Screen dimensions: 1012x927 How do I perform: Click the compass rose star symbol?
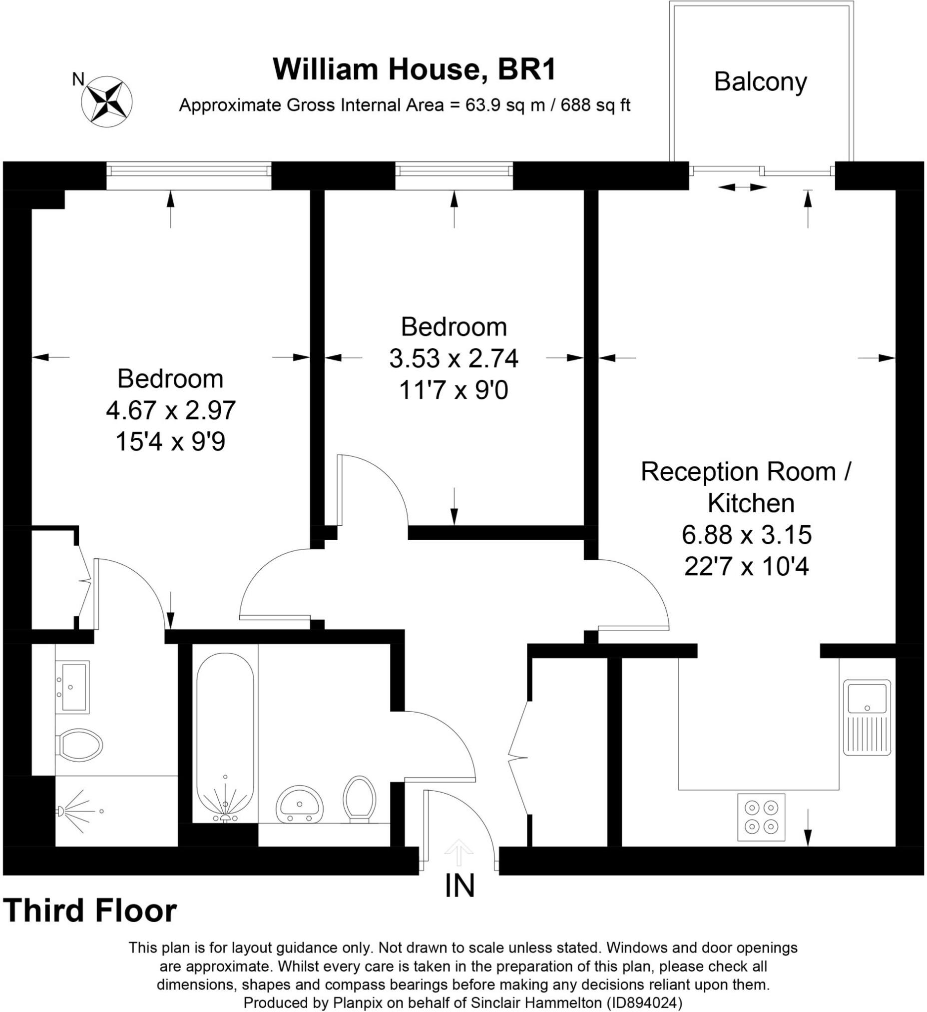(106, 102)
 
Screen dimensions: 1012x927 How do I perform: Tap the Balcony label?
(761, 82)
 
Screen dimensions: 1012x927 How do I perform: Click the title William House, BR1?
(415, 69)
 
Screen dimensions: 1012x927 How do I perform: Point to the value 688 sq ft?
(595, 105)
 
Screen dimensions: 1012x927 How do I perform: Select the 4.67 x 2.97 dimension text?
(170, 410)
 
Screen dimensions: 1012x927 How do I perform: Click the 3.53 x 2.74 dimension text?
(454, 358)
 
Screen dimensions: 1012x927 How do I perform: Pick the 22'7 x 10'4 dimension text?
(746, 567)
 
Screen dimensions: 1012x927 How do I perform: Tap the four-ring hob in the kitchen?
(761, 817)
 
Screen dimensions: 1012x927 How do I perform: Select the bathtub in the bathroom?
(225, 737)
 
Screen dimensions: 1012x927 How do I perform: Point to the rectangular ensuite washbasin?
(72, 687)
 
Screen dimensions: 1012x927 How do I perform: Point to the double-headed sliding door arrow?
(742, 187)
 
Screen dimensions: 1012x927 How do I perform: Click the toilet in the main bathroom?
(360, 800)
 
